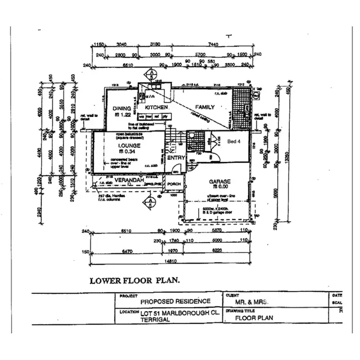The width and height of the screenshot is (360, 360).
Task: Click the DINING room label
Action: click(121, 108)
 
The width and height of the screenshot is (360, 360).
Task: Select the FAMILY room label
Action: click(204, 107)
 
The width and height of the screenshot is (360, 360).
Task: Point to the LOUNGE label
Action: click(128, 145)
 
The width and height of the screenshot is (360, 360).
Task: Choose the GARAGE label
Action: click(219, 181)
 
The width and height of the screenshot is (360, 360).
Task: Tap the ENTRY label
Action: click(176, 158)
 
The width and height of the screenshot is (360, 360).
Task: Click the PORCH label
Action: click(173, 183)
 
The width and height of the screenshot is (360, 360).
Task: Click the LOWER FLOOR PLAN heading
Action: click(135, 280)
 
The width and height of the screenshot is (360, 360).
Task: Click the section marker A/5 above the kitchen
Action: click(151, 74)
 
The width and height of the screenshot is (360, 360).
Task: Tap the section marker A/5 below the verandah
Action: click(151, 201)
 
